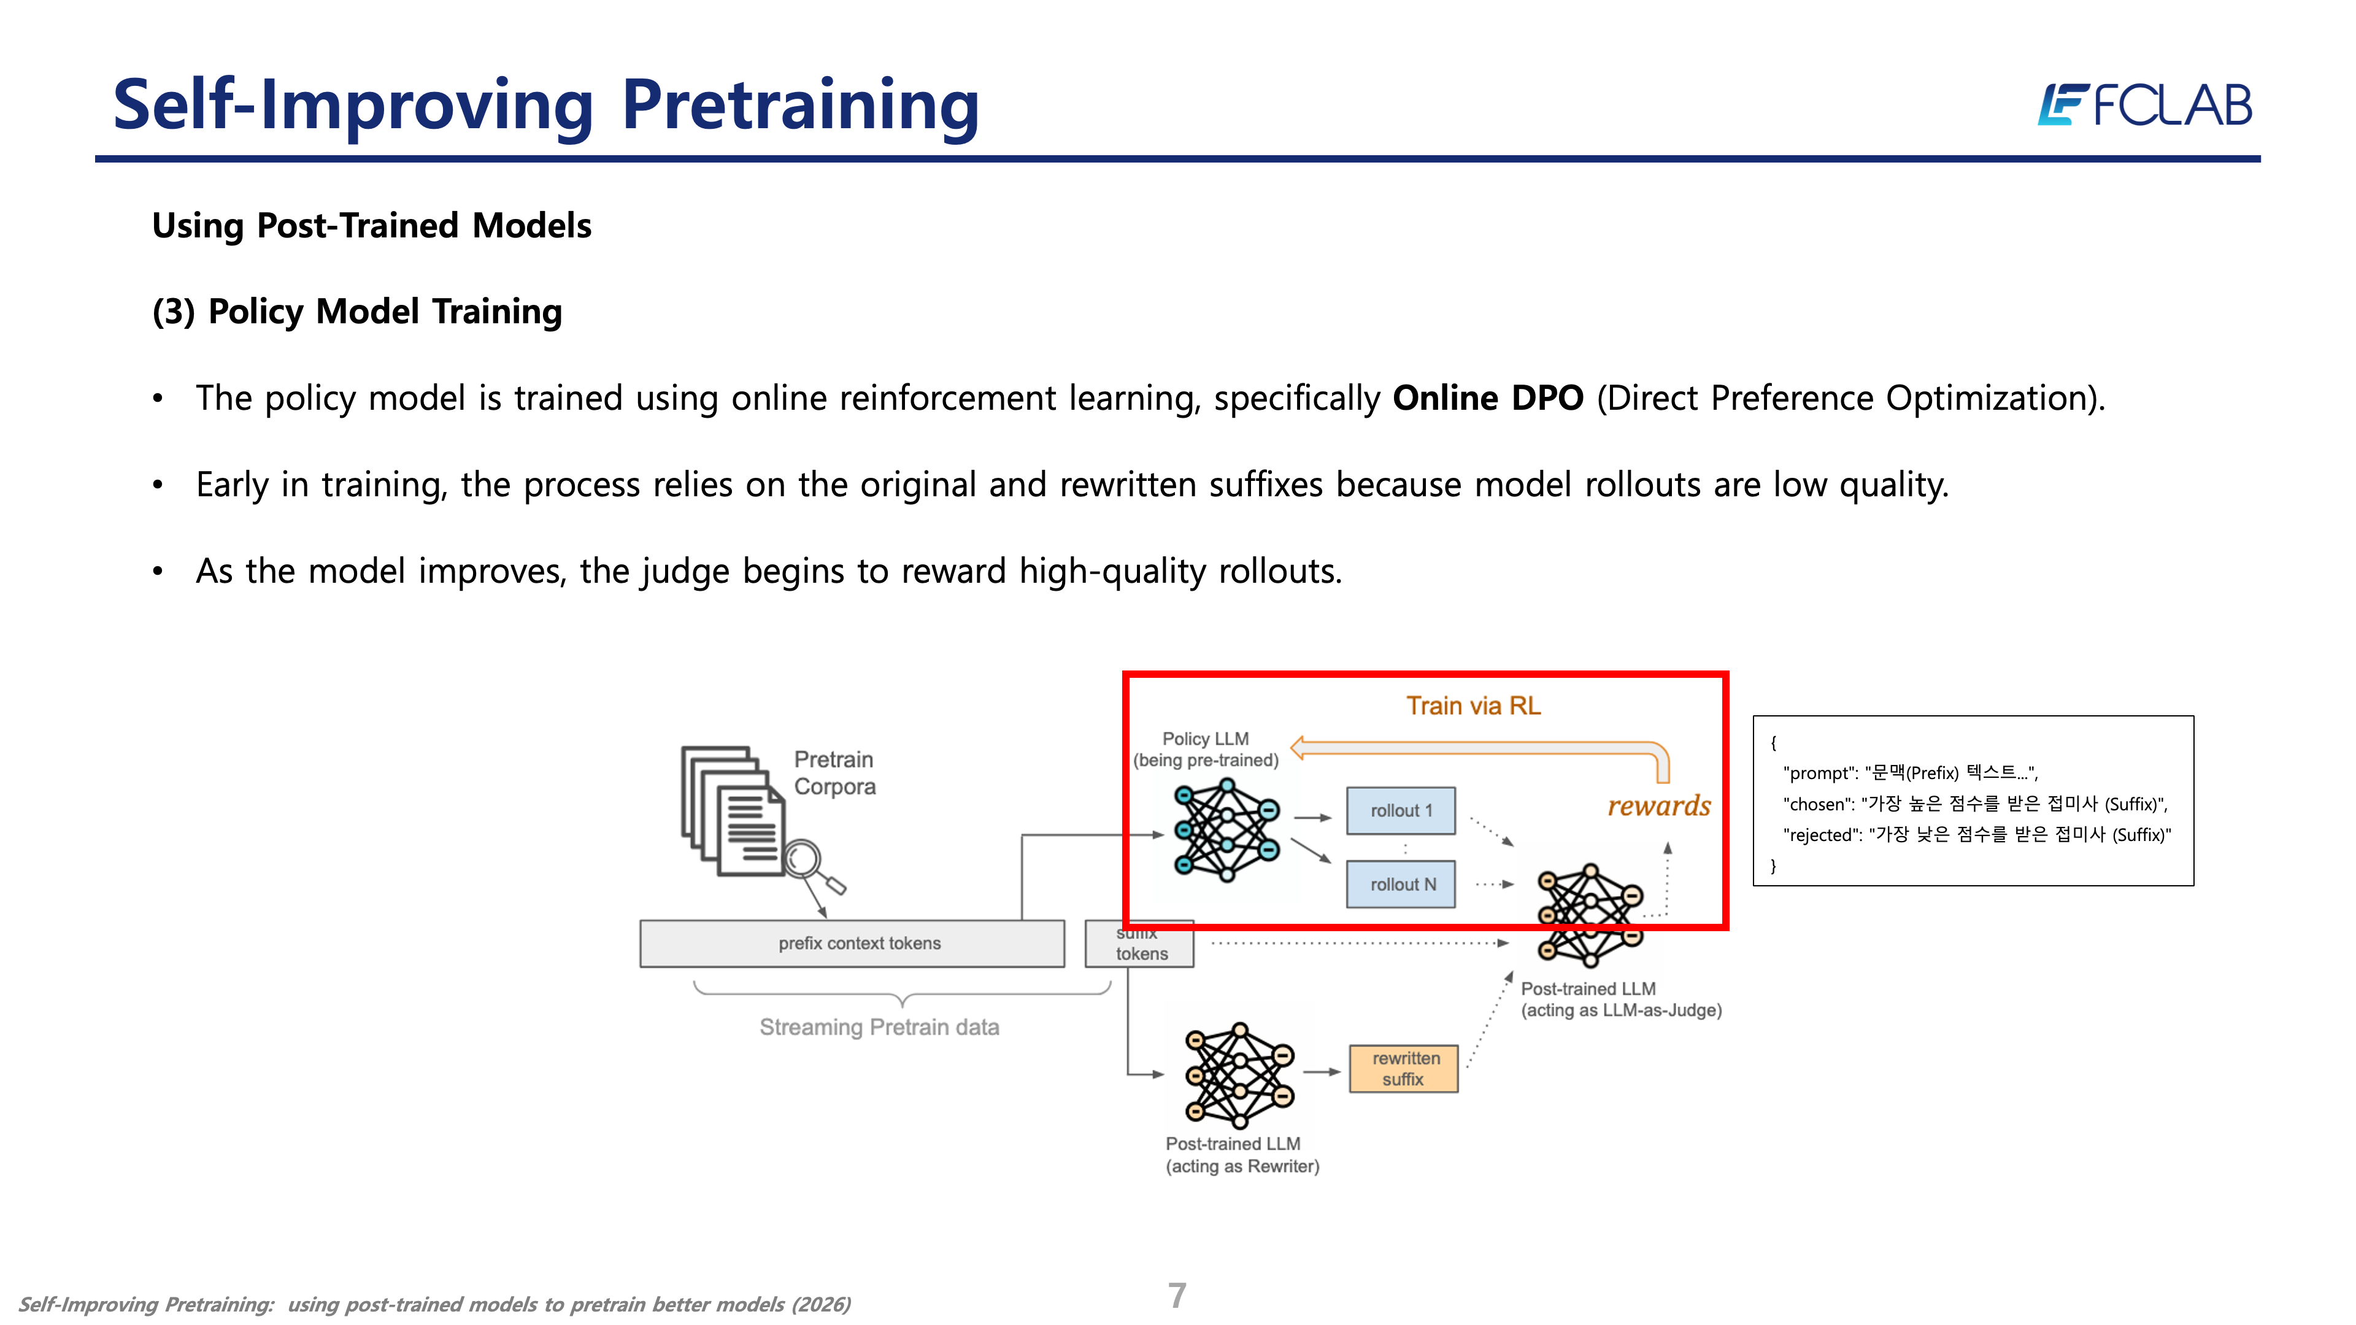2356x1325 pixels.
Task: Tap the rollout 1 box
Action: pos(1400,811)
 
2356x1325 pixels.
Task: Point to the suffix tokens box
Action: pos(1139,947)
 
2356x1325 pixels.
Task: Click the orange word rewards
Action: pos(1659,805)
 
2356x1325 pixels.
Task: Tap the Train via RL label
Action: pos(1472,706)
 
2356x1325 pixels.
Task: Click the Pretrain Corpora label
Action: pos(834,773)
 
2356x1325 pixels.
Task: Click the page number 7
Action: pos(1177,1295)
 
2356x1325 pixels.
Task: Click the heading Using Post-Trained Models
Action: pos(371,226)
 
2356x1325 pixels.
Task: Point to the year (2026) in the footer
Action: pos(820,1305)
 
